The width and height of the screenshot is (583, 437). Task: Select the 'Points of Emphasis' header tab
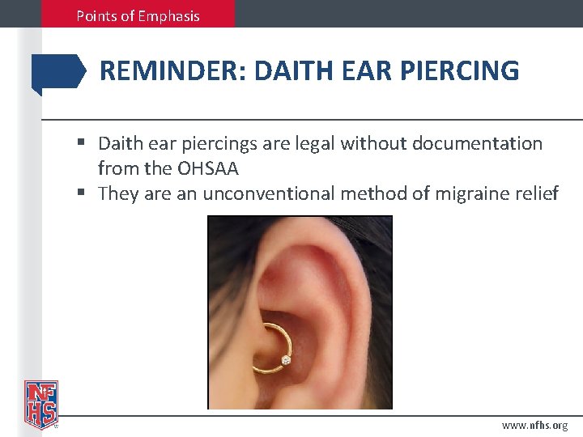[x=138, y=15]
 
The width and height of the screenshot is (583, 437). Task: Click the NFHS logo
[x=40, y=402]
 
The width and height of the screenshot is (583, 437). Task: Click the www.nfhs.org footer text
[x=534, y=425]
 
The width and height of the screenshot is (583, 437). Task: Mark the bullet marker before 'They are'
[x=83, y=193]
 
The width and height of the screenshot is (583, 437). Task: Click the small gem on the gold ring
[x=285, y=359]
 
